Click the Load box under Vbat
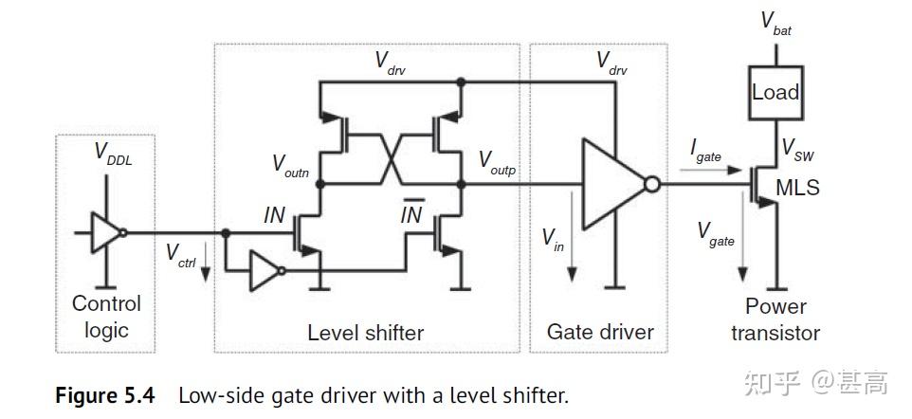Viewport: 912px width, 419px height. (775, 93)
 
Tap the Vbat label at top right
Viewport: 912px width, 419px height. (775, 24)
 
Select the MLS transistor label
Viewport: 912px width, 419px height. (797, 188)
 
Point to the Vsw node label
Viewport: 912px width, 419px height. (797, 151)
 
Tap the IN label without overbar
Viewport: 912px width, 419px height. (274, 215)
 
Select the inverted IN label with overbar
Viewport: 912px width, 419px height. (410, 214)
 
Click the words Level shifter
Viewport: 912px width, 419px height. (365, 333)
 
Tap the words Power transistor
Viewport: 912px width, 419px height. (775, 319)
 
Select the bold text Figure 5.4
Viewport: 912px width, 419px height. (104, 394)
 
